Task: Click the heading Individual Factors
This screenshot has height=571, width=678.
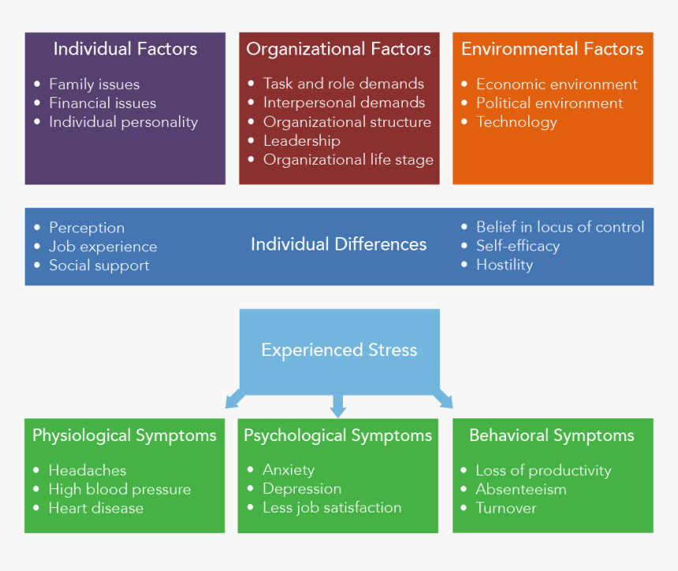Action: (125, 49)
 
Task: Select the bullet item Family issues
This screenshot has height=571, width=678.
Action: (94, 84)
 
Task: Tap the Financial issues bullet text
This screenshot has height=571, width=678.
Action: (102, 103)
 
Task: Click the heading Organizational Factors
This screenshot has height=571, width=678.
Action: (338, 49)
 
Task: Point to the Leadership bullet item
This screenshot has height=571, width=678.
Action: (301, 141)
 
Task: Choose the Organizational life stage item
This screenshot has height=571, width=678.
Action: (348, 160)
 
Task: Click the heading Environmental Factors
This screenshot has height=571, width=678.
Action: (552, 49)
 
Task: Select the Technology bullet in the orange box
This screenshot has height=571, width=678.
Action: (516, 122)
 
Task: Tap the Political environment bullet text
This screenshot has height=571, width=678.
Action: (549, 103)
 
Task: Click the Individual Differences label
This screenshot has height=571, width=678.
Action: (338, 245)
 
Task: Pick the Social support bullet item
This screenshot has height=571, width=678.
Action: (99, 265)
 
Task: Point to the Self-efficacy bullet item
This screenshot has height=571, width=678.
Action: (517, 246)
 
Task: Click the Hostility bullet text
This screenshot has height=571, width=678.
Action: (504, 265)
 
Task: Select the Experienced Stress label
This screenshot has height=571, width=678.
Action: (339, 350)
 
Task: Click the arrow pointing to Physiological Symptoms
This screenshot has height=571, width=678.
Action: (235, 399)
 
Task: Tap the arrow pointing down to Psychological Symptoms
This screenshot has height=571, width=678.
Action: (338, 406)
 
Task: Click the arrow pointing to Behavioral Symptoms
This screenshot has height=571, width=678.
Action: (443, 399)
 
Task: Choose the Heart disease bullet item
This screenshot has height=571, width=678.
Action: (95, 508)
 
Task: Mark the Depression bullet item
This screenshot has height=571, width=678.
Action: (301, 489)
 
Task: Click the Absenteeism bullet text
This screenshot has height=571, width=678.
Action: (520, 489)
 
